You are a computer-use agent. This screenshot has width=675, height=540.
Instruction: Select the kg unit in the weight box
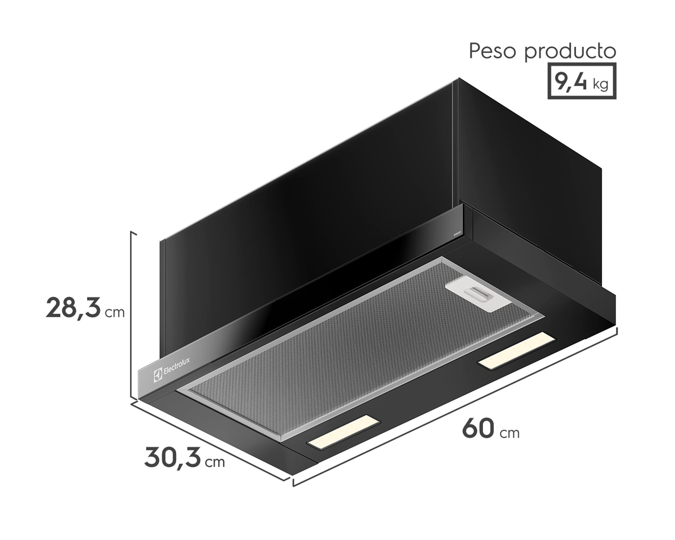(x=600, y=84)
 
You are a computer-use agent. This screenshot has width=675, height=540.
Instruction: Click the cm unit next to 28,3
(x=115, y=313)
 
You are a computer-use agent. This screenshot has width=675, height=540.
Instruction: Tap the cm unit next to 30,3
(x=215, y=462)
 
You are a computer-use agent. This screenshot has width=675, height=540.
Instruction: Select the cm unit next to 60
(x=510, y=433)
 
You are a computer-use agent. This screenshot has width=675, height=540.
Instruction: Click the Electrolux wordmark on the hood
(x=177, y=366)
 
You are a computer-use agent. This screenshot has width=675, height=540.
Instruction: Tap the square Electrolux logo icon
(x=158, y=375)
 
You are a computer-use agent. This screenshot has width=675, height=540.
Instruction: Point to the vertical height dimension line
(x=131, y=316)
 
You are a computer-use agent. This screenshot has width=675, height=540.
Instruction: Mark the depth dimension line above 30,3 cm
(x=209, y=440)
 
